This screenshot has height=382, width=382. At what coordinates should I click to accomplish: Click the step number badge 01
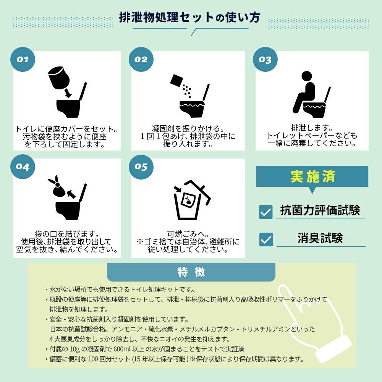23,59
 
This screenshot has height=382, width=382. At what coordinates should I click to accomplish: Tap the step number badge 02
141,59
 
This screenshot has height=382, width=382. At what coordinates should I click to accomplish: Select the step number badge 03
265,59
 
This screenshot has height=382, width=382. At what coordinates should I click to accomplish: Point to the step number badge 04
23,167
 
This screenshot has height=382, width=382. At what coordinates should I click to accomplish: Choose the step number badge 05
141,167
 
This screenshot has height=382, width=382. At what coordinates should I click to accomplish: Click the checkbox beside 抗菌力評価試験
266,212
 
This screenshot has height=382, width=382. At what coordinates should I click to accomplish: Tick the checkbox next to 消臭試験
266,239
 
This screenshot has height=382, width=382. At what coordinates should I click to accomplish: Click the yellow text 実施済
312,176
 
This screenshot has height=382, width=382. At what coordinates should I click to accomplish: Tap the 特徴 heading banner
191,272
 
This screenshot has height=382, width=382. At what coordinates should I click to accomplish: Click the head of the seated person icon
306,76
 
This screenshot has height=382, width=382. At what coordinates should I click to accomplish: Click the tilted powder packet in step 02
176,81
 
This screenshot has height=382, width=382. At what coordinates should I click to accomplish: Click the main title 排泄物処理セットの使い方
189,18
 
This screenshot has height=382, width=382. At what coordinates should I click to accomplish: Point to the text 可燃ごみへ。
188,234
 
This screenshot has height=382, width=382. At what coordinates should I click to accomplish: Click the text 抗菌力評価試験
320,210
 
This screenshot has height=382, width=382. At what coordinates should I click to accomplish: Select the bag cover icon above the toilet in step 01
58,77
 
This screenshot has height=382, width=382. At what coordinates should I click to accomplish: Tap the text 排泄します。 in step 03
312,128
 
